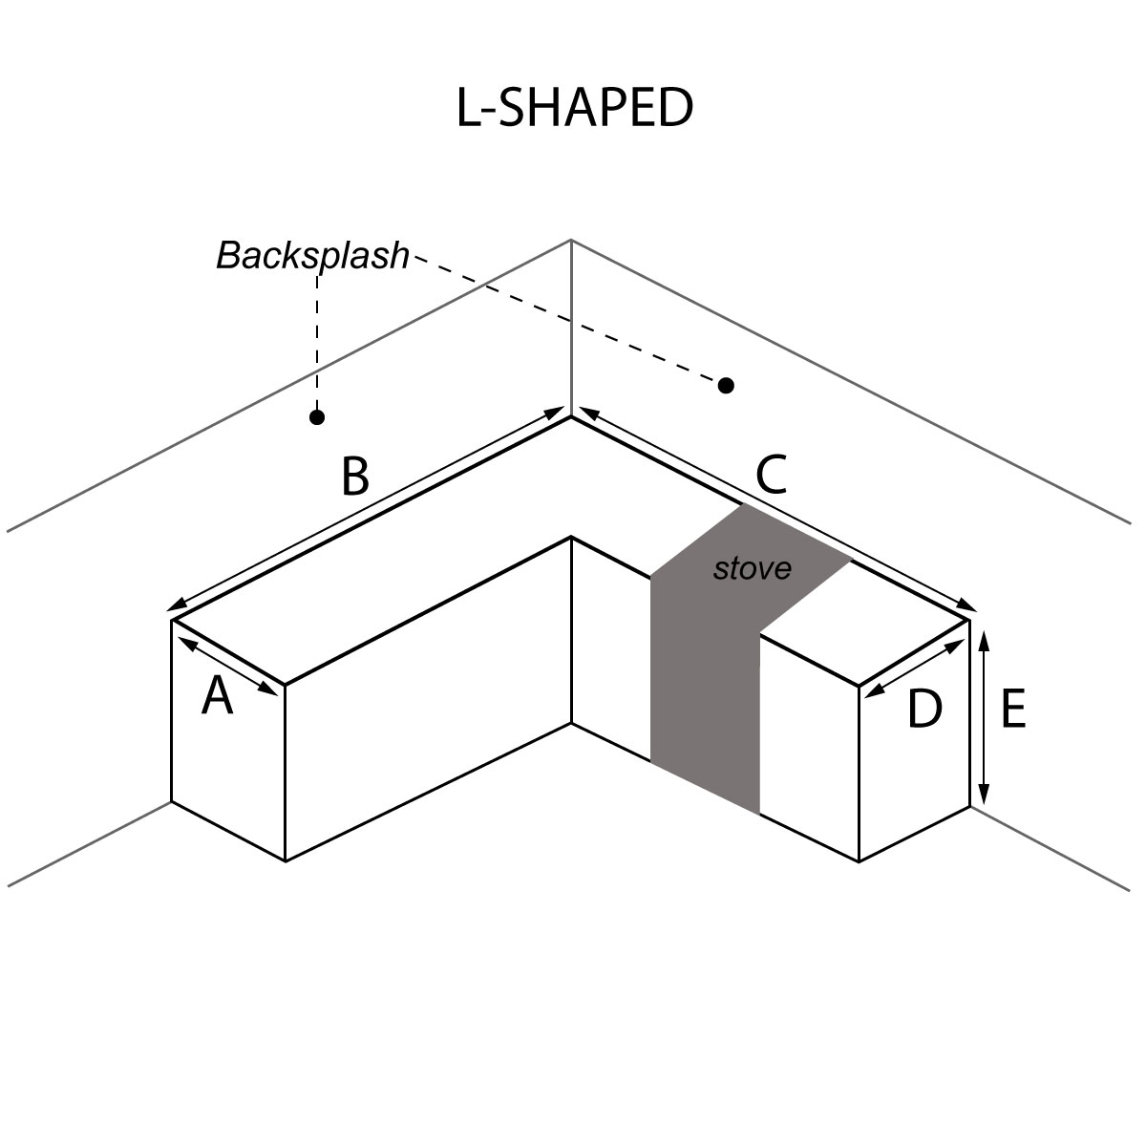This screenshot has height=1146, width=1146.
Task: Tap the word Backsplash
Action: click(x=312, y=256)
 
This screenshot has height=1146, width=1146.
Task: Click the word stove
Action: click(x=753, y=569)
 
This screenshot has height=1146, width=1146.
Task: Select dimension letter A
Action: click(x=218, y=697)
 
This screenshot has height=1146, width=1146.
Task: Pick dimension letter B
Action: click(x=354, y=477)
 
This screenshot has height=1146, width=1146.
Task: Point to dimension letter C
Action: click(x=771, y=474)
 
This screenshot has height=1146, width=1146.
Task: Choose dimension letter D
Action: click(x=923, y=710)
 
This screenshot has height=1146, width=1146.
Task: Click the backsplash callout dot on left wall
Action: click(x=317, y=417)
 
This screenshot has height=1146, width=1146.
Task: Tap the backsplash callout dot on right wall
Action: click(x=726, y=385)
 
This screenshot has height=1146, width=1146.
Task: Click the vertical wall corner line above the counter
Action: click(x=571, y=325)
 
